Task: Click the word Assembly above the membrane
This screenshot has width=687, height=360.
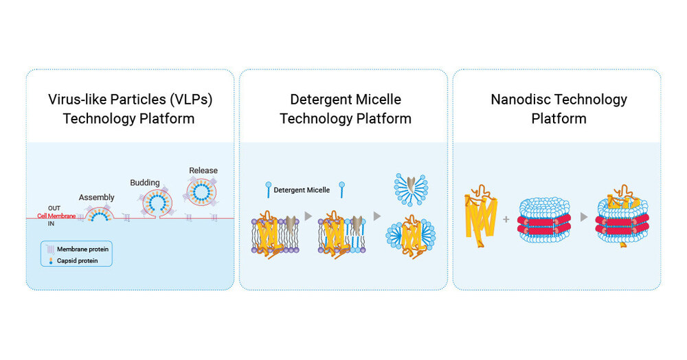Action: pyautogui.click(x=96, y=197)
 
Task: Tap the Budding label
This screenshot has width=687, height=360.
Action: pyautogui.click(x=145, y=183)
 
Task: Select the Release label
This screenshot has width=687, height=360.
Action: pyautogui.click(x=203, y=170)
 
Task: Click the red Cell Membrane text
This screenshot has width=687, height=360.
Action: pyautogui.click(x=57, y=216)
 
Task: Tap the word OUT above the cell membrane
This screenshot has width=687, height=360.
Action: pyautogui.click(x=54, y=208)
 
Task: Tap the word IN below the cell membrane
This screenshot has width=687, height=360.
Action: pyautogui.click(x=52, y=223)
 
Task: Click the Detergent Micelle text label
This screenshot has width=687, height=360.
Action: pyautogui.click(x=302, y=190)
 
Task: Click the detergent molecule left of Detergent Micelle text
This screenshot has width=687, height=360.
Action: pyautogui.click(x=267, y=188)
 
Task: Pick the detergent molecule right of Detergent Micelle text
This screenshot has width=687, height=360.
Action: pyautogui.click(x=341, y=189)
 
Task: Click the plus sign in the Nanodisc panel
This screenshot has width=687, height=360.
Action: pyautogui.click(x=506, y=219)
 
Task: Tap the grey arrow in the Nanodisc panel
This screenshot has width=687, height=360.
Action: pyautogui.click(x=583, y=218)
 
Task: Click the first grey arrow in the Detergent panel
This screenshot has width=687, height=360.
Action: pyautogui.click(x=308, y=216)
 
